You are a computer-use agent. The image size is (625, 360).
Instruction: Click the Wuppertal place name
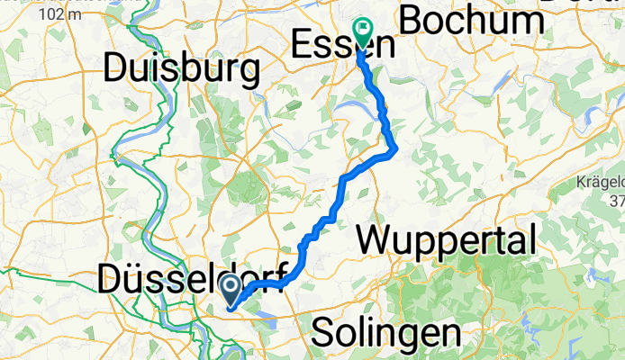(x=448, y=240)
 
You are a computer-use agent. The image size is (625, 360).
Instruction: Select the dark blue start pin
(x=231, y=290)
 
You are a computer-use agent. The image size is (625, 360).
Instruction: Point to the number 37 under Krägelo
(x=617, y=200)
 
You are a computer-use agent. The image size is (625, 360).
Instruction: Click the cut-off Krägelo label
(x=601, y=184)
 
